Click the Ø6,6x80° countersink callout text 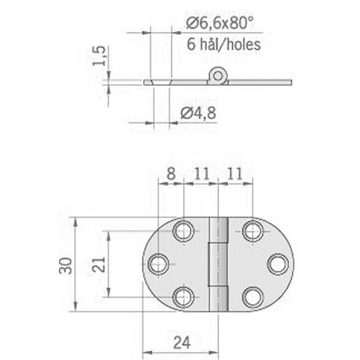tap(220, 23)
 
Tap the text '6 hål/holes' tap(224, 44)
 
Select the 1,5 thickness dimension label tap(99, 56)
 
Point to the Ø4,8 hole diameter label tap(199, 113)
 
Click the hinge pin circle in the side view tap(218, 75)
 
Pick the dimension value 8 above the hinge tap(171, 174)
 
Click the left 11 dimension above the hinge tap(202, 174)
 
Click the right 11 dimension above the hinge tap(235, 174)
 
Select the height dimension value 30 tap(65, 266)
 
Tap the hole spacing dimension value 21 tap(99, 265)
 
